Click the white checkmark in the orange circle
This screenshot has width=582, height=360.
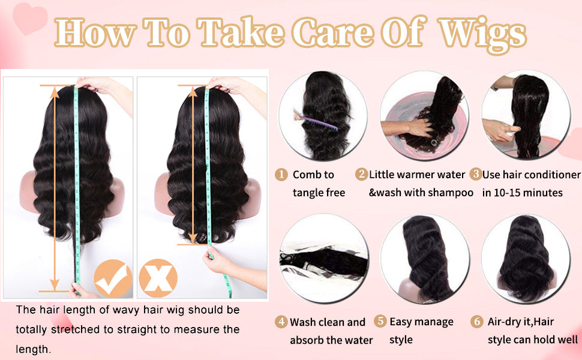coord(113,278)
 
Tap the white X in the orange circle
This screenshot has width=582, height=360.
coord(158,278)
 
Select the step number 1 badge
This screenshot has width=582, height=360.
coord(281,175)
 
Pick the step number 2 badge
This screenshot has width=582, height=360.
coord(361,175)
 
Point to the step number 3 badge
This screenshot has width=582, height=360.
coord(475,175)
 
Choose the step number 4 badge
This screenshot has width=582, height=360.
coord(281,322)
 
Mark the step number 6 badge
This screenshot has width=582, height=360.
coord(477,322)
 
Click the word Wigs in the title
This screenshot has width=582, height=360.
coord(482,33)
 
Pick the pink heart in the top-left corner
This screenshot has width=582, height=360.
coord(31,19)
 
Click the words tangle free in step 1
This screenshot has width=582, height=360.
coord(319,193)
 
